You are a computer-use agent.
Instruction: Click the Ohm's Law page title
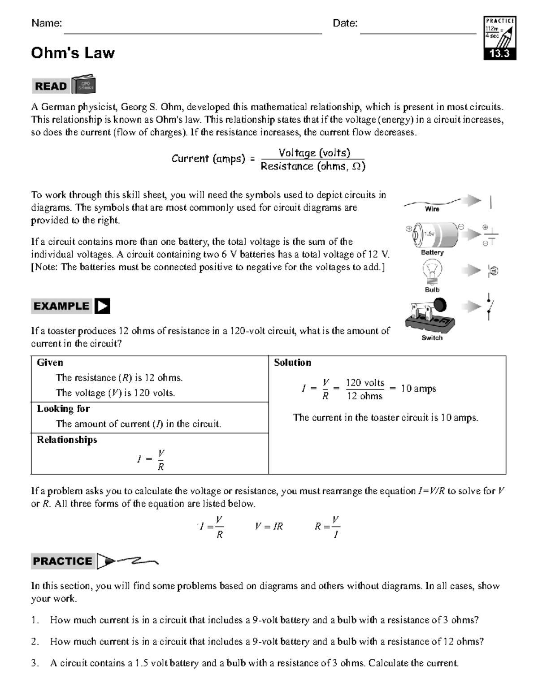(x=73, y=53)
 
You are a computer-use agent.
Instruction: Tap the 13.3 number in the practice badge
(x=499, y=54)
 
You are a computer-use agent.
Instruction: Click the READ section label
(x=51, y=86)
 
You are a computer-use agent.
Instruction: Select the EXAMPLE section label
(x=61, y=306)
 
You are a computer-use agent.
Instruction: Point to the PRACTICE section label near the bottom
(x=62, y=561)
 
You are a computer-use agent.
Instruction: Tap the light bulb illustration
(x=432, y=271)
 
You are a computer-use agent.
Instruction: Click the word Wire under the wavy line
(x=432, y=209)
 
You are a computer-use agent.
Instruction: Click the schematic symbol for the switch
(x=490, y=307)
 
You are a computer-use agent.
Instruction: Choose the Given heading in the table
(x=50, y=363)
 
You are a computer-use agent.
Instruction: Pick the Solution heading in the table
(x=292, y=363)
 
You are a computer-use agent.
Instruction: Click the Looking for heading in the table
(x=63, y=409)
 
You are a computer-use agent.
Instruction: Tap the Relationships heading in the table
(x=67, y=440)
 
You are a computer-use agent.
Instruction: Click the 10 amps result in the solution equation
(x=418, y=389)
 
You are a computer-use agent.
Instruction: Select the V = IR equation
(x=269, y=526)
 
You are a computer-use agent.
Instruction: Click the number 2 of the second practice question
(x=35, y=641)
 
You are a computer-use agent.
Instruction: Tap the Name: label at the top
(x=47, y=23)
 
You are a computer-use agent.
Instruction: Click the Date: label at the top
(x=345, y=23)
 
